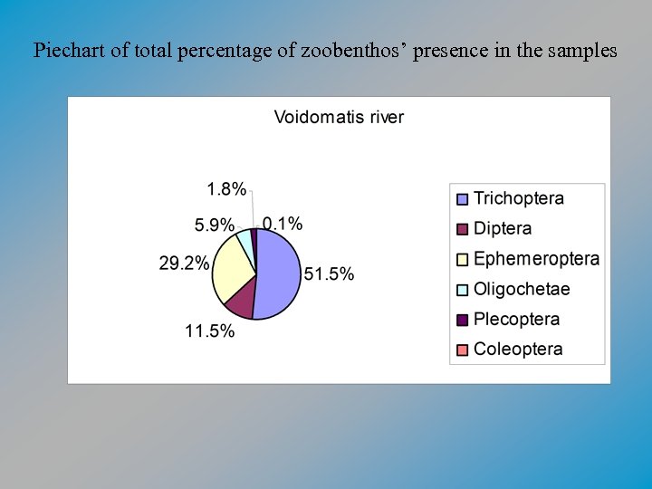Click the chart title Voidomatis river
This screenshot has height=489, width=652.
(x=339, y=117)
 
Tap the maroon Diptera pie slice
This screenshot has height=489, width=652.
(x=241, y=302)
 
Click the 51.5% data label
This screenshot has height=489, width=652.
(x=329, y=273)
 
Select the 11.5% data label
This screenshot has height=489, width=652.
(x=210, y=331)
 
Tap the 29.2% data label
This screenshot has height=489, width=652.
(x=184, y=264)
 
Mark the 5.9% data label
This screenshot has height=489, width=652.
(x=214, y=225)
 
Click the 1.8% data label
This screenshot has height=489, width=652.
(x=226, y=189)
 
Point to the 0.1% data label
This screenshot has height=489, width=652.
(x=283, y=224)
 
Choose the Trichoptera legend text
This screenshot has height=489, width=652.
(x=519, y=198)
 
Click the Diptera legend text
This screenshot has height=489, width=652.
(x=503, y=228)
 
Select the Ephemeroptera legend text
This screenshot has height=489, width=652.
(x=536, y=259)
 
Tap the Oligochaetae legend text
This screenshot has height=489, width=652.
(x=522, y=289)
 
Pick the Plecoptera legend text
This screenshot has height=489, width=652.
(x=516, y=319)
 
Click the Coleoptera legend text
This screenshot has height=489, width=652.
(x=518, y=349)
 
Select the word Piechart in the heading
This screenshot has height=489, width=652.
(x=69, y=51)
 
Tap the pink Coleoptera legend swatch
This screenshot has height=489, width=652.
(x=462, y=350)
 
